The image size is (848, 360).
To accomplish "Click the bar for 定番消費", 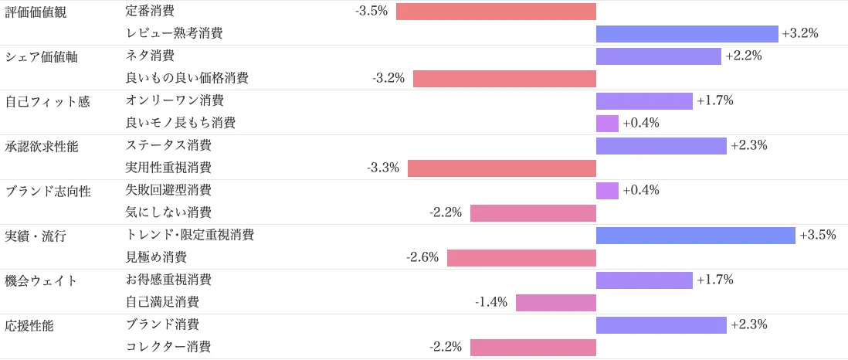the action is click(x=496, y=12).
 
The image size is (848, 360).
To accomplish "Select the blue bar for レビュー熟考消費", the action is click(x=687, y=33).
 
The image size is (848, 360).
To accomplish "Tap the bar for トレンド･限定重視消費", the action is click(x=696, y=236).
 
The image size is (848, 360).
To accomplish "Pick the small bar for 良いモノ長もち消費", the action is click(x=607, y=124).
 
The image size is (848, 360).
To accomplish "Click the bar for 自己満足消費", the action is click(x=556, y=303).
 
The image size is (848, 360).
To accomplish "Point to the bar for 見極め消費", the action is click(x=521, y=258).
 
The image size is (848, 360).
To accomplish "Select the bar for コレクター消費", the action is click(x=533, y=348).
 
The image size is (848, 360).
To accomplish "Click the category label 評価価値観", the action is click(x=36, y=12).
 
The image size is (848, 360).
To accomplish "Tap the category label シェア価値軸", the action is click(x=42, y=57).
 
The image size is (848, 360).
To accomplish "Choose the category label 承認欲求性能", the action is click(x=42, y=148).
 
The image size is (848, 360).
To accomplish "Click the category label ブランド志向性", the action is click(x=48, y=192).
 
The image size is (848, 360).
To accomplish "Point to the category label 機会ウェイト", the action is click(x=41, y=281).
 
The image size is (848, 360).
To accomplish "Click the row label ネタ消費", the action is click(x=150, y=55).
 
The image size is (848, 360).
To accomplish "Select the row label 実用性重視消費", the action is click(x=168, y=168).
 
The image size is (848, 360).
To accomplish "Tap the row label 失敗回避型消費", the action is click(x=168, y=190).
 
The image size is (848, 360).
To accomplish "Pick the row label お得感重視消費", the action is click(x=168, y=280).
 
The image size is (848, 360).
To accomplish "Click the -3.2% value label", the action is click(x=388, y=79).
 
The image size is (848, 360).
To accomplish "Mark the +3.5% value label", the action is click(x=818, y=236).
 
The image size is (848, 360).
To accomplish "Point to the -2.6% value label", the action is click(x=422, y=258).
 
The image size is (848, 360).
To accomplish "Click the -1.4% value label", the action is click(x=491, y=303).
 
